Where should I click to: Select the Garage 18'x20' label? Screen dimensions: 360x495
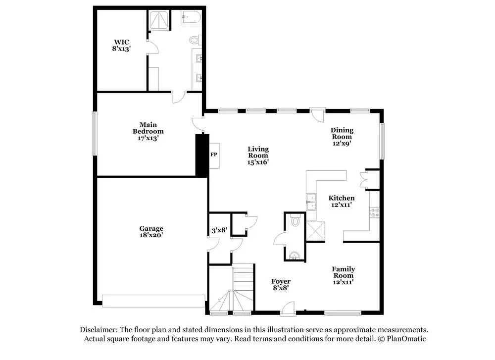[151, 232]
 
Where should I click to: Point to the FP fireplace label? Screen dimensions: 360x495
[214, 155]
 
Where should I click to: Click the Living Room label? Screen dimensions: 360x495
[258, 155]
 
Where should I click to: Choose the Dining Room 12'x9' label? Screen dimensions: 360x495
[342, 136]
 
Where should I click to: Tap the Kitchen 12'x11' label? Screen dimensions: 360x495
[342, 201]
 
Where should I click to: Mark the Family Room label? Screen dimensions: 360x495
[343, 275]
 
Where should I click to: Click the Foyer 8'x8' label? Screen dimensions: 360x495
[281, 284]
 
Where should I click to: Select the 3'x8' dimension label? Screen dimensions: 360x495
[219, 229]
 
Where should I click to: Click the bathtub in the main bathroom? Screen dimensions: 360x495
[191, 18]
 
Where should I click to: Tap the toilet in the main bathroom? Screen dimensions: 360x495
[194, 40]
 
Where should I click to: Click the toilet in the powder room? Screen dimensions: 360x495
[296, 221]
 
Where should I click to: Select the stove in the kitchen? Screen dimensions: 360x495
[375, 212]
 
